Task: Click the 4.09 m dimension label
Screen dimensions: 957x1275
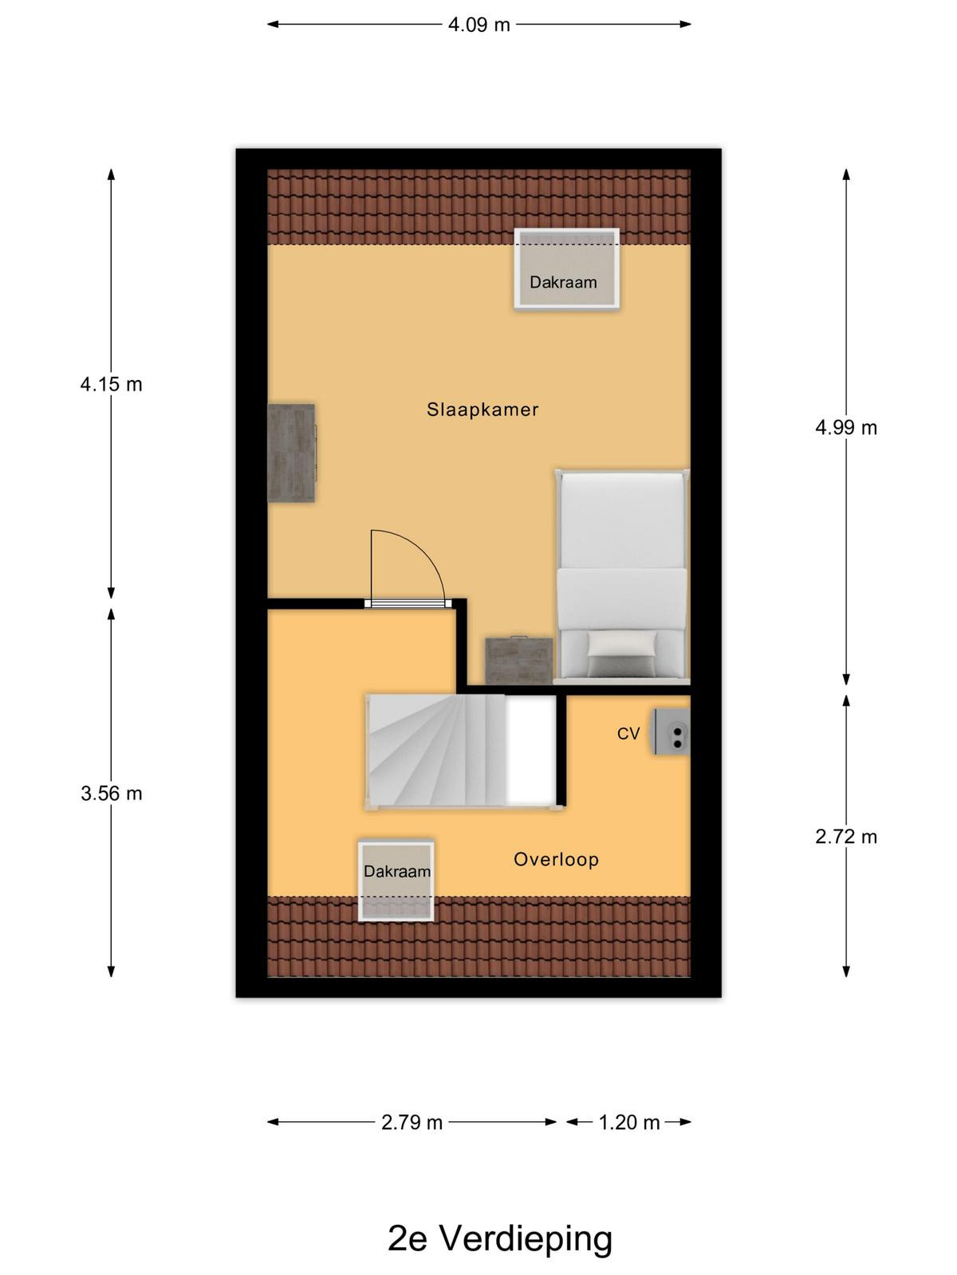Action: (x=478, y=25)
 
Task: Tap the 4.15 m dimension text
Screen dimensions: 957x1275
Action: (x=111, y=385)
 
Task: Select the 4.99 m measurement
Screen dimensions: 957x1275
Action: (x=846, y=428)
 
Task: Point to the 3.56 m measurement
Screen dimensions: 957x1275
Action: (x=111, y=794)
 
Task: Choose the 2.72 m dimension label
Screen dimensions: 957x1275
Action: (x=846, y=837)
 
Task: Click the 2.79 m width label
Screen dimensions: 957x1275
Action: (x=412, y=1123)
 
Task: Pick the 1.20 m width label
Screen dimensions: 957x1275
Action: (x=629, y=1123)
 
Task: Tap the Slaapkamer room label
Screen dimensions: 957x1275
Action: (x=482, y=410)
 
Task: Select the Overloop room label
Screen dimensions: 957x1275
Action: (x=556, y=860)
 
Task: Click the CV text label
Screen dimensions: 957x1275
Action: (x=628, y=734)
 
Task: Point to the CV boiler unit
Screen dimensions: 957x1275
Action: (x=671, y=732)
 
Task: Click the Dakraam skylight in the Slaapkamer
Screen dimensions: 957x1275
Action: (x=566, y=269)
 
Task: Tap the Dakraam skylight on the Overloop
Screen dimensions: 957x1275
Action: (x=396, y=881)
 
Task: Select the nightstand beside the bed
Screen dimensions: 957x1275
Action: (x=519, y=661)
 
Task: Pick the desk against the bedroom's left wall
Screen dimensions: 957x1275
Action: (x=291, y=453)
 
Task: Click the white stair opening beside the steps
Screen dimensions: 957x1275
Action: (x=531, y=751)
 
